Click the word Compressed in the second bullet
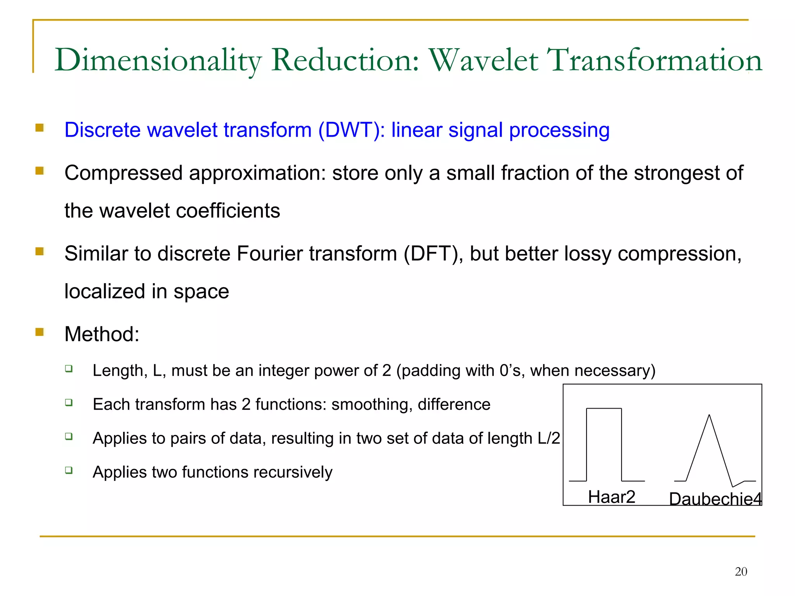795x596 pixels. point(123,173)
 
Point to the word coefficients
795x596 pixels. point(228,211)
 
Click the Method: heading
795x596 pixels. point(102,334)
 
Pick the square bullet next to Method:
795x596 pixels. point(40,332)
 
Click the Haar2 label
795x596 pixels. point(611,497)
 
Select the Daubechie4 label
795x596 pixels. point(715,499)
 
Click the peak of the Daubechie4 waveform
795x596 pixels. point(709,416)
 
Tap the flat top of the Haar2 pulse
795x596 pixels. point(604,408)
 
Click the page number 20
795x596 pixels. point(741,572)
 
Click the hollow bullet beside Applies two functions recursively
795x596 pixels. point(69,470)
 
